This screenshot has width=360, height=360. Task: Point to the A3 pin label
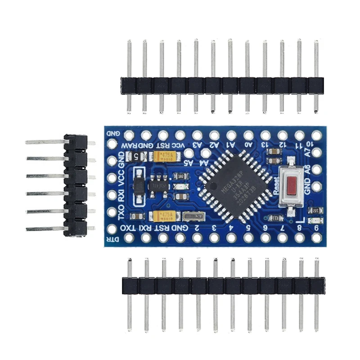(197, 145)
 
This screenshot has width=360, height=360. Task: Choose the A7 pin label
(307, 153)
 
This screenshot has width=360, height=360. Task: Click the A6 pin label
(307, 171)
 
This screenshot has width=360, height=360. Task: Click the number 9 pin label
(317, 228)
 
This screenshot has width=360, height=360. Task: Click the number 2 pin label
(197, 228)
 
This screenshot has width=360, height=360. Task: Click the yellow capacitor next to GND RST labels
(163, 156)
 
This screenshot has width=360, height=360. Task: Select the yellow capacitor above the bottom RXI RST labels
(163, 216)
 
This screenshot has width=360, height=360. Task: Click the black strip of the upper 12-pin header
(222, 85)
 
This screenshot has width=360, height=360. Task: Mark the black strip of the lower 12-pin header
(223, 286)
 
